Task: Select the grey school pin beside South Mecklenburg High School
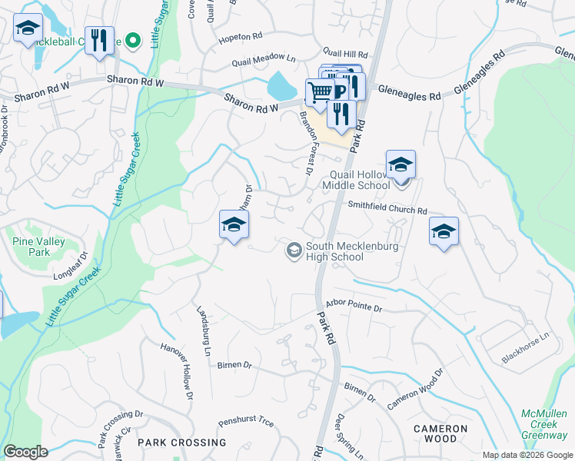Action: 293,250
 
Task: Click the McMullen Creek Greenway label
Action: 544,424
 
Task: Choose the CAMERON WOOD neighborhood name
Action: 440,433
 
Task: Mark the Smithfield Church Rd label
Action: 387,207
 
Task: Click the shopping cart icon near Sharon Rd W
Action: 321,92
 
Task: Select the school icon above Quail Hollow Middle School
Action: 401,165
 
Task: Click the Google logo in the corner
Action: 26,452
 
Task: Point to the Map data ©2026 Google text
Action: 527,455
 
